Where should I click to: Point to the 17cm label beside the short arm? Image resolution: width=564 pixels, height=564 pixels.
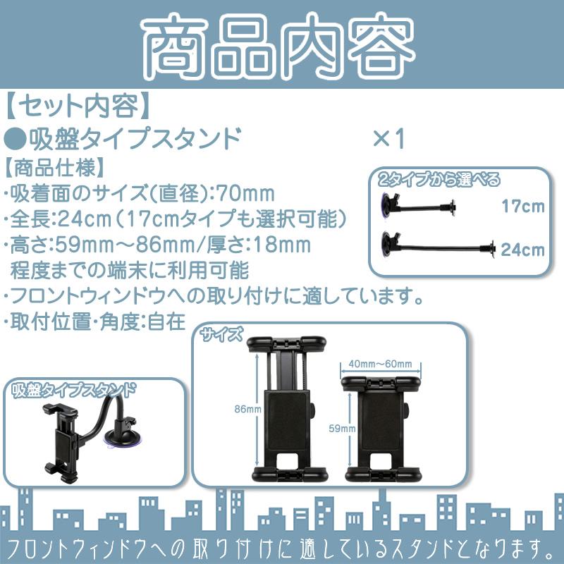523,207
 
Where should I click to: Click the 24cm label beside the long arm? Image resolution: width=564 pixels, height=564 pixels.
523,249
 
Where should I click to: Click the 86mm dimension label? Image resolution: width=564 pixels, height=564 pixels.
247,408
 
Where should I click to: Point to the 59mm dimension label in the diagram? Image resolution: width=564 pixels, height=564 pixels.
343,427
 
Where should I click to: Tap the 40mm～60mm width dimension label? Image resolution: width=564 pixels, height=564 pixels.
381,363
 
